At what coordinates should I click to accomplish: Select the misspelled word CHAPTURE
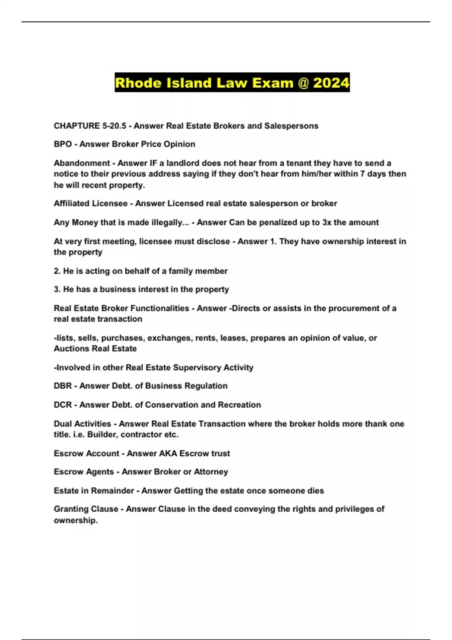point(76,126)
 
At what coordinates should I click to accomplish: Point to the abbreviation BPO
point(63,144)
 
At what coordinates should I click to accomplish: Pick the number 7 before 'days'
point(363,174)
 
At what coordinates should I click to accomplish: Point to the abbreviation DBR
point(63,386)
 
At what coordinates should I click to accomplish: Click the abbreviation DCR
point(63,405)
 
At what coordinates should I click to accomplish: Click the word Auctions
point(70,349)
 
